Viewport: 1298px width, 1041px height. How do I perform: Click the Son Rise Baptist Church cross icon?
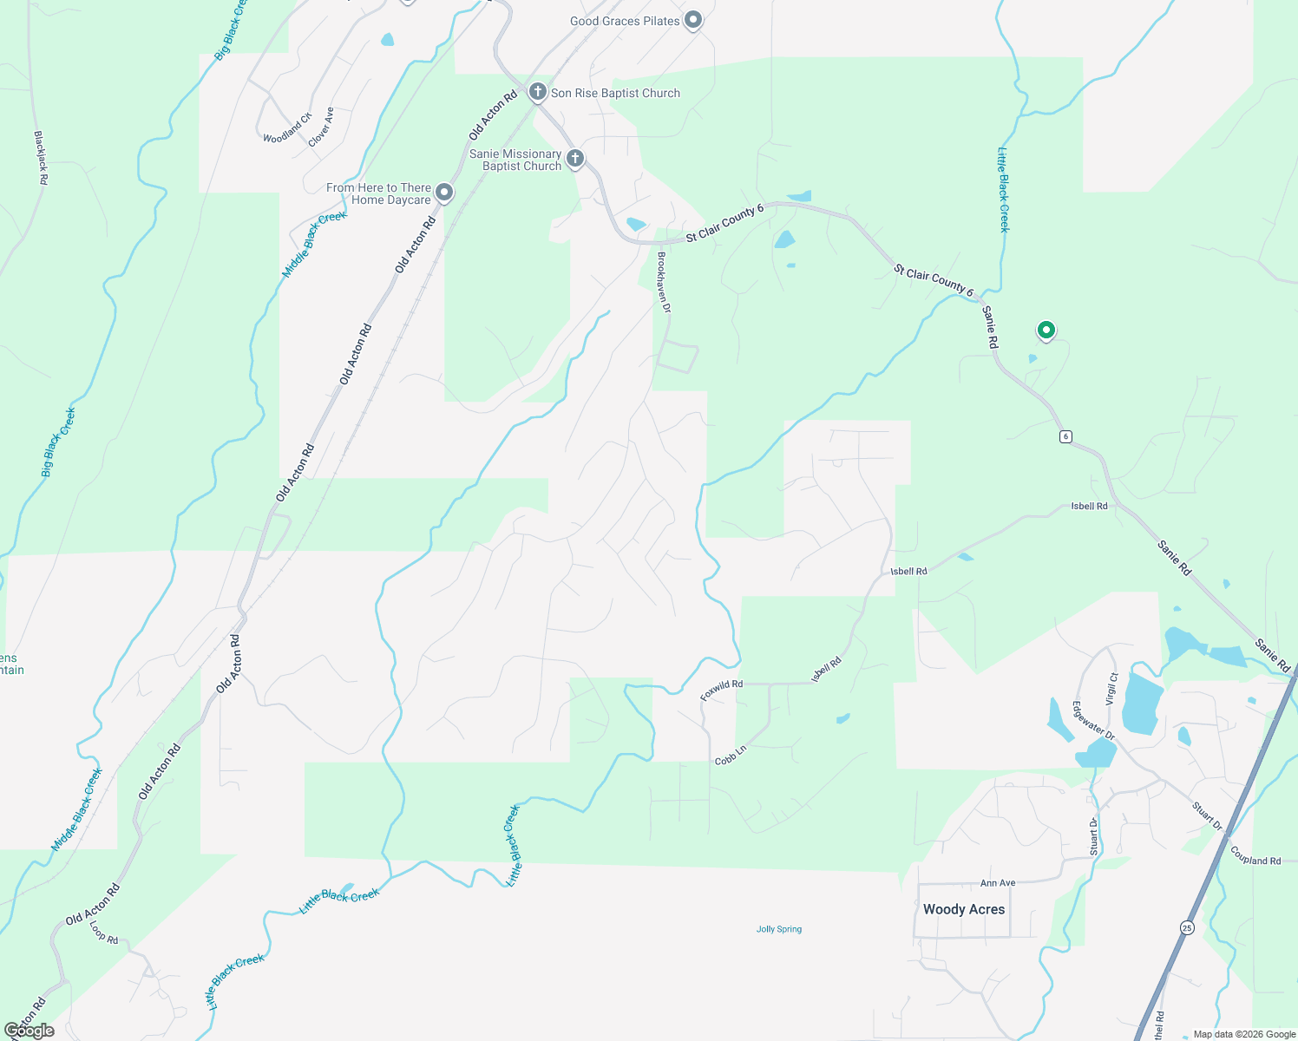[x=537, y=92]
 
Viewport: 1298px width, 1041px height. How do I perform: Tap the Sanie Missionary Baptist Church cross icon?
[x=574, y=159]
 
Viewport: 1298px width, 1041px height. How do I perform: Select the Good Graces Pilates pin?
[x=692, y=20]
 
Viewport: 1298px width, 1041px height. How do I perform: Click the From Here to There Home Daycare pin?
[x=443, y=193]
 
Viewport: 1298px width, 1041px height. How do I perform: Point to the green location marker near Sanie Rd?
[x=1046, y=331]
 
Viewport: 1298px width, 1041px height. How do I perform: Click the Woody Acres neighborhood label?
[x=963, y=909]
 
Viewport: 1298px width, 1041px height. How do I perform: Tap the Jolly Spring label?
[x=779, y=929]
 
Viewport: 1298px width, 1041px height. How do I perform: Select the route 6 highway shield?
[x=1065, y=436]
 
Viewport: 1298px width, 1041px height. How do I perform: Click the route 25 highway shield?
[x=1186, y=928]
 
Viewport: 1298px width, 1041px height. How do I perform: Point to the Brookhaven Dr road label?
[x=664, y=282]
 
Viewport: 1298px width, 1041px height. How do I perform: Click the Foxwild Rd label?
[x=722, y=690]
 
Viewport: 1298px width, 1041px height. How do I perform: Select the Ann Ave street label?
[x=998, y=883]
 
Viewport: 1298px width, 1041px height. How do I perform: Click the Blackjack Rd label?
[x=41, y=157]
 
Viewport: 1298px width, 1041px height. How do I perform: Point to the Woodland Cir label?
[x=287, y=128]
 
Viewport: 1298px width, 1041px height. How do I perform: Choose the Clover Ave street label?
[x=320, y=127]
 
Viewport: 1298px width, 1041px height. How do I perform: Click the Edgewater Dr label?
[x=1093, y=720]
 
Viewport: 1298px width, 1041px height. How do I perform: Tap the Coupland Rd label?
[x=1255, y=856]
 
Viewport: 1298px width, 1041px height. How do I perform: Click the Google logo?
[x=29, y=1031]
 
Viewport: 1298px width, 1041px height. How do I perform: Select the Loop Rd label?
[x=104, y=933]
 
